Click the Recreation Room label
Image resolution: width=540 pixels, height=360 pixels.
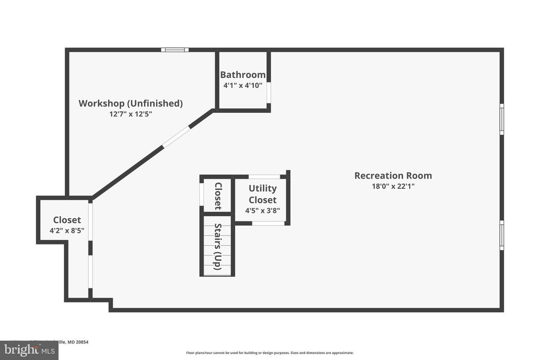[393, 176]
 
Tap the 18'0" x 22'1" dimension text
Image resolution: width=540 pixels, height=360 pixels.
[393, 186]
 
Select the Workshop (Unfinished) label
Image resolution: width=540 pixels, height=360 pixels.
[130, 103]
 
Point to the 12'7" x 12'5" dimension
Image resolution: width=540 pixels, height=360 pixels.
[130, 114]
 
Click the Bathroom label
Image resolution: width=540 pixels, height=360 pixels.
[243, 75]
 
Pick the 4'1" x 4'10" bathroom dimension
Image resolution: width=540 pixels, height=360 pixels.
[243, 85]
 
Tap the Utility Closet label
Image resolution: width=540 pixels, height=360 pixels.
[263, 194]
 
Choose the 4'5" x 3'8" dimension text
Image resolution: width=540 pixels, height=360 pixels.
[263, 211]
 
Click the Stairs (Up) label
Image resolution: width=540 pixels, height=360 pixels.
[217, 247]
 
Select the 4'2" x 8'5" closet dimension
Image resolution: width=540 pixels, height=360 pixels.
[67, 230]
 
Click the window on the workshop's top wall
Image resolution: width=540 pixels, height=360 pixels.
[175, 50]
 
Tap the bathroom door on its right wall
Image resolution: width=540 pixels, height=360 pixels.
[268, 92]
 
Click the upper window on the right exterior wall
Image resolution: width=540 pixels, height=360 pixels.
[502, 119]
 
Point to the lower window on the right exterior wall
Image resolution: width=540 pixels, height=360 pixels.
[502, 235]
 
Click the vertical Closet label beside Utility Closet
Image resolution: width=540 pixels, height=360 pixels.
[217, 196]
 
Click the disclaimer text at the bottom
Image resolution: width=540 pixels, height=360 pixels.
[269, 353]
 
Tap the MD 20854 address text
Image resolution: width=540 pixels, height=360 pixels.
[74, 342]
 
